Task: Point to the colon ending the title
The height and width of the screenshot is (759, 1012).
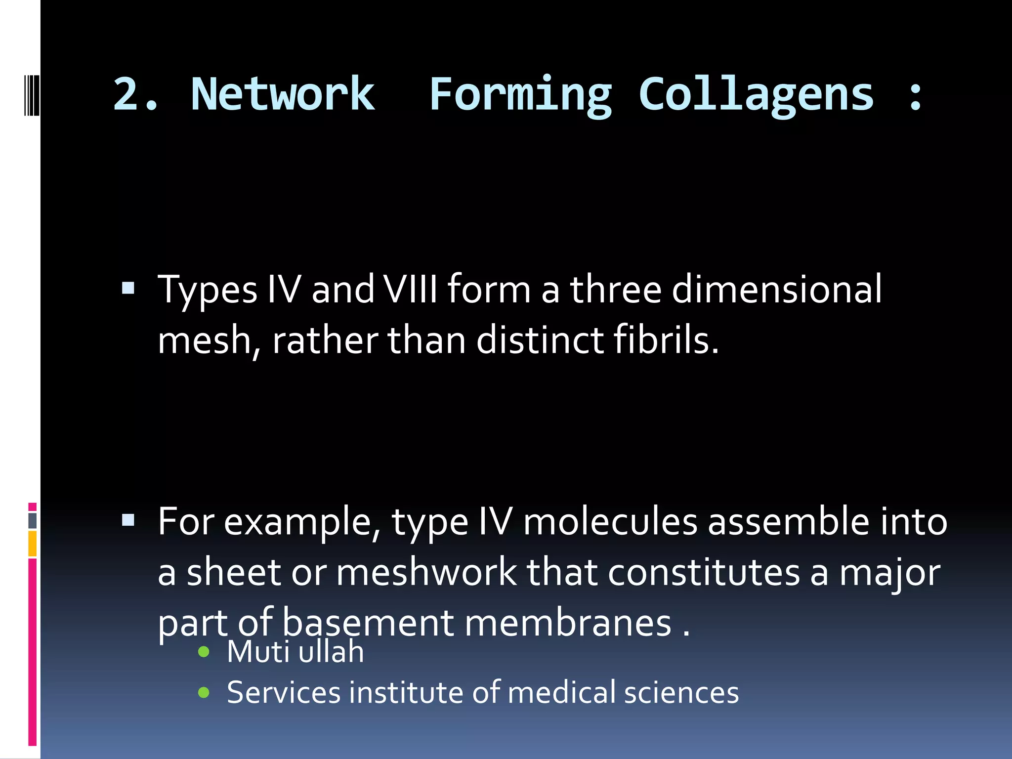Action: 915,95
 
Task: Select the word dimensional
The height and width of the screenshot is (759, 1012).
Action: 776,289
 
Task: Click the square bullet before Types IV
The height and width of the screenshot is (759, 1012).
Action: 128,288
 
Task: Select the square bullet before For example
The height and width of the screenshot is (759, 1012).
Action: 128,520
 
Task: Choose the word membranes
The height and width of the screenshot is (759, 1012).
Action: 568,623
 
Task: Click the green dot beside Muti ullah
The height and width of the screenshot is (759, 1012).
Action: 204,652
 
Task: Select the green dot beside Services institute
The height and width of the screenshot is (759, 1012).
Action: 204,692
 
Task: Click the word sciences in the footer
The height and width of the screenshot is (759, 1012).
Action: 681,692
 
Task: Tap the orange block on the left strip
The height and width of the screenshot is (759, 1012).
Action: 33,544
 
